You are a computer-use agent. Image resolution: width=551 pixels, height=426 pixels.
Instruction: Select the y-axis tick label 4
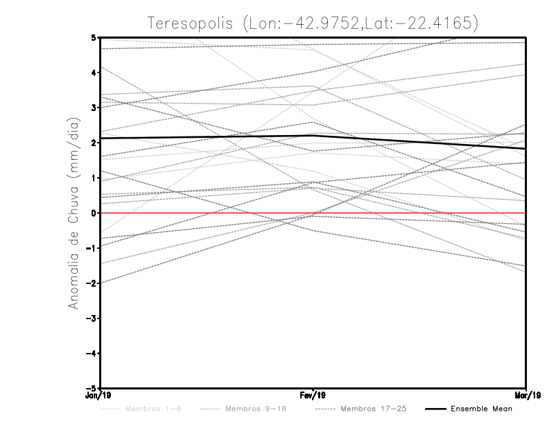pyautogui.click(x=94, y=72)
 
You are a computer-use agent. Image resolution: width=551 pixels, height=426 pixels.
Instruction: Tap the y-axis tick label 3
pyautogui.click(x=94, y=108)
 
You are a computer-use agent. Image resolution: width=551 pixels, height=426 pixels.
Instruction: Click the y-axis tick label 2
pyautogui.click(x=94, y=143)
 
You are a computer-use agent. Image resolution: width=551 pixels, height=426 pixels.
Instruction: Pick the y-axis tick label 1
pyautogui.click(x=94, y=178)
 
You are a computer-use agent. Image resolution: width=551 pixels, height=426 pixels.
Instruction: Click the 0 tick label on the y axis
pyautogui.click(x=94, y=213)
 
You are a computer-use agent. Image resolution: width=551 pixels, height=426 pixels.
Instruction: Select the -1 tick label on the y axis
pyautogui.click(x=92, y=248)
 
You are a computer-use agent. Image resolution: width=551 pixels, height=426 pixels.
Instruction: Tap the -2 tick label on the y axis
pyautogui.click(x=92, y=283)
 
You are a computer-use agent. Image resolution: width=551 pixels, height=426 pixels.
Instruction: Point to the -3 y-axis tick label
pyautogui.click(x=92, y=318)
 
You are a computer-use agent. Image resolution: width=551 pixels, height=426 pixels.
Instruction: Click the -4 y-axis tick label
pyautogui.click(x=92, y=354)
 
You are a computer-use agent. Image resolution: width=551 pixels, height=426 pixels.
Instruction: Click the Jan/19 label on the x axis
pyautogui.click(x=101, y=396)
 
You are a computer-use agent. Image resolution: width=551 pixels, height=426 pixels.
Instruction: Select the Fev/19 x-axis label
pyautogui.click(x=313, y=396)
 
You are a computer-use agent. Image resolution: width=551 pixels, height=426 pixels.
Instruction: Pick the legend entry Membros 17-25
pyautogui.click(x=375, y=409)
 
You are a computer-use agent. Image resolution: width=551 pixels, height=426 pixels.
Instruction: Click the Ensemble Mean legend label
pyautogui.click(x=481, y=409)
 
